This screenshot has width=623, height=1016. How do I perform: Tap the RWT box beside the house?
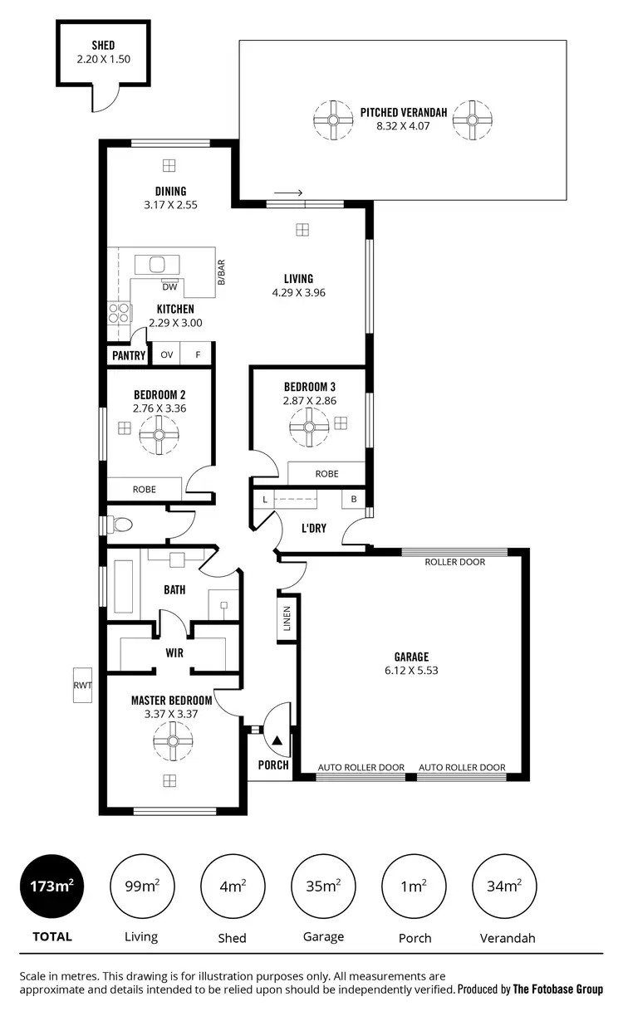(82, 685)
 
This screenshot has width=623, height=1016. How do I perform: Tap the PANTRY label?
(129, 355)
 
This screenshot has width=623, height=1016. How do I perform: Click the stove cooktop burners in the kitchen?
(118, 312)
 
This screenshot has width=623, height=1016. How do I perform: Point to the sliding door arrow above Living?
(288, 193)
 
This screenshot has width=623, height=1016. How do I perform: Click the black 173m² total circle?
(52, 886)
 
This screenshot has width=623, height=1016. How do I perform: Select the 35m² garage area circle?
(323, 886)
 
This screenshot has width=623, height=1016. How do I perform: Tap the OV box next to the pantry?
(166, 354)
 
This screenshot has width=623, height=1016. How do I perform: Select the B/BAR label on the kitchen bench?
(221, 273)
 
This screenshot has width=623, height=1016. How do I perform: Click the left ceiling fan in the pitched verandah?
(332, 120)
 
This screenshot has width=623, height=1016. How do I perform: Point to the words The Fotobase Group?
(558, 989)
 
